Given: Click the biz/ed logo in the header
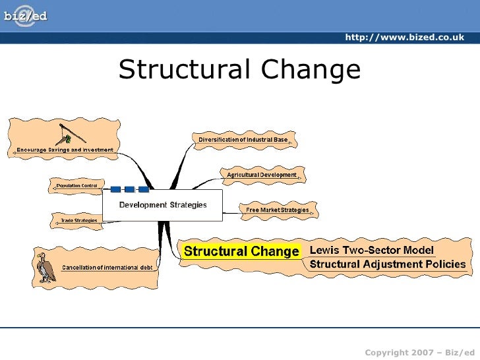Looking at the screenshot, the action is pyautogui.click(x=26, y=16).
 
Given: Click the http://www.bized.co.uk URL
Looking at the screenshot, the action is pyautogui.click(x=404, y=38).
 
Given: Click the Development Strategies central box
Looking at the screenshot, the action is pyautogui.click(x=162, y=205).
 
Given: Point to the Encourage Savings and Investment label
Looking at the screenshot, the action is pyautogui.click(x=65, y=150).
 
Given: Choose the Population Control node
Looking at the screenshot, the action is pyautogui.click(x=76, y=186).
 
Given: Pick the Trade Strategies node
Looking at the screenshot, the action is pyautogui.click(x=78, y=220).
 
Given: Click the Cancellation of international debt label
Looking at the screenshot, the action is pyautogui.click(x=107, y=267).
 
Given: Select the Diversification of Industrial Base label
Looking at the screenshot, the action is pyautogui.click(x=243, y=140).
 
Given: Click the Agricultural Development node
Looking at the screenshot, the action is pyautogui.click(x=262, y=175).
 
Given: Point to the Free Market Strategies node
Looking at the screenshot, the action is pyautogui.click(x=277, y=210).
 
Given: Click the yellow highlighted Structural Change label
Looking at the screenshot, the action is pyautogui.click(x=241, y=251).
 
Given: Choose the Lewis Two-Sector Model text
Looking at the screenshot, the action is pyautogui.click(x=372, y=250).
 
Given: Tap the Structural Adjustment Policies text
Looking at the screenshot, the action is pyautogui.click(x=387, y=265).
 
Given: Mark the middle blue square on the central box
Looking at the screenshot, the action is pyautogui.click(x=129, y=190).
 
